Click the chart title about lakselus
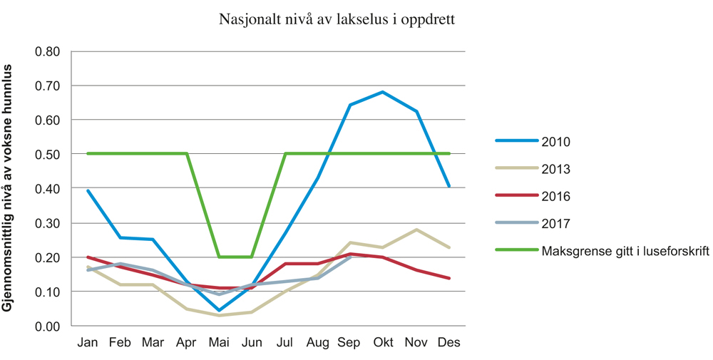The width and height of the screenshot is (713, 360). (337, 19)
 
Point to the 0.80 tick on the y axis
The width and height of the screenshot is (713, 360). (49, 51)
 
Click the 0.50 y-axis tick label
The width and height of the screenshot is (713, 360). (49, 154)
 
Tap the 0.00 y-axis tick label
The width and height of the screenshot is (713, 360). (49, 326)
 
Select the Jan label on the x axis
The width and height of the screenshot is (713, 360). (87, 343)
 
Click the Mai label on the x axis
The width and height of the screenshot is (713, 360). (219, 343)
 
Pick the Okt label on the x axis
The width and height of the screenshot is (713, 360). (383, 343)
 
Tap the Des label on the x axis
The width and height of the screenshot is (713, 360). (449, 343)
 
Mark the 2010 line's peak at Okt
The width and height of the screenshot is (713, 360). (383, 92)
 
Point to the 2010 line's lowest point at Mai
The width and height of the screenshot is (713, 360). (219, 310)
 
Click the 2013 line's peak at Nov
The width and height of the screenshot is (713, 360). (416, 230)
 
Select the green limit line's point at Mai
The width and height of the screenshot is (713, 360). (219, 257)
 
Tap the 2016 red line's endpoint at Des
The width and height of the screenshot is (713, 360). (449, 278)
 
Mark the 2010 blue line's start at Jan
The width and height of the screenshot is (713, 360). (87, 190)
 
